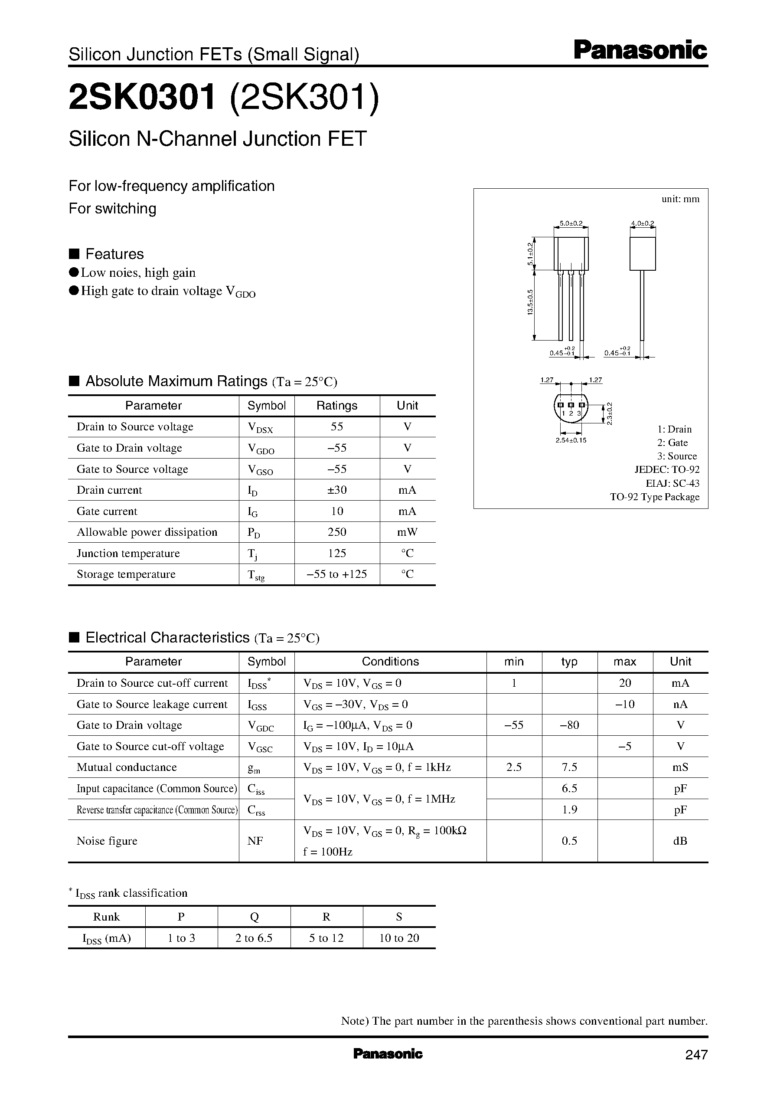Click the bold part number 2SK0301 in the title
142,97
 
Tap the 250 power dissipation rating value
337,532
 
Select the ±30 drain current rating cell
337,490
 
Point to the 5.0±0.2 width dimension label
571,223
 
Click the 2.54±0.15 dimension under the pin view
571,440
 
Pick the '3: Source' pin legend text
676,456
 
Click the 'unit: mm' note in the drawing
680,199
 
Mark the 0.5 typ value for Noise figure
569,841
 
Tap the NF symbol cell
255,841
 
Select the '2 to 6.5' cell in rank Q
254,938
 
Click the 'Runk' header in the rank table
106,917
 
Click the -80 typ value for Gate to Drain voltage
569,725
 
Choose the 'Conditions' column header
390,662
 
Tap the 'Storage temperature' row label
126,574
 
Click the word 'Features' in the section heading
114,254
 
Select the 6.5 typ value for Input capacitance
569,788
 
